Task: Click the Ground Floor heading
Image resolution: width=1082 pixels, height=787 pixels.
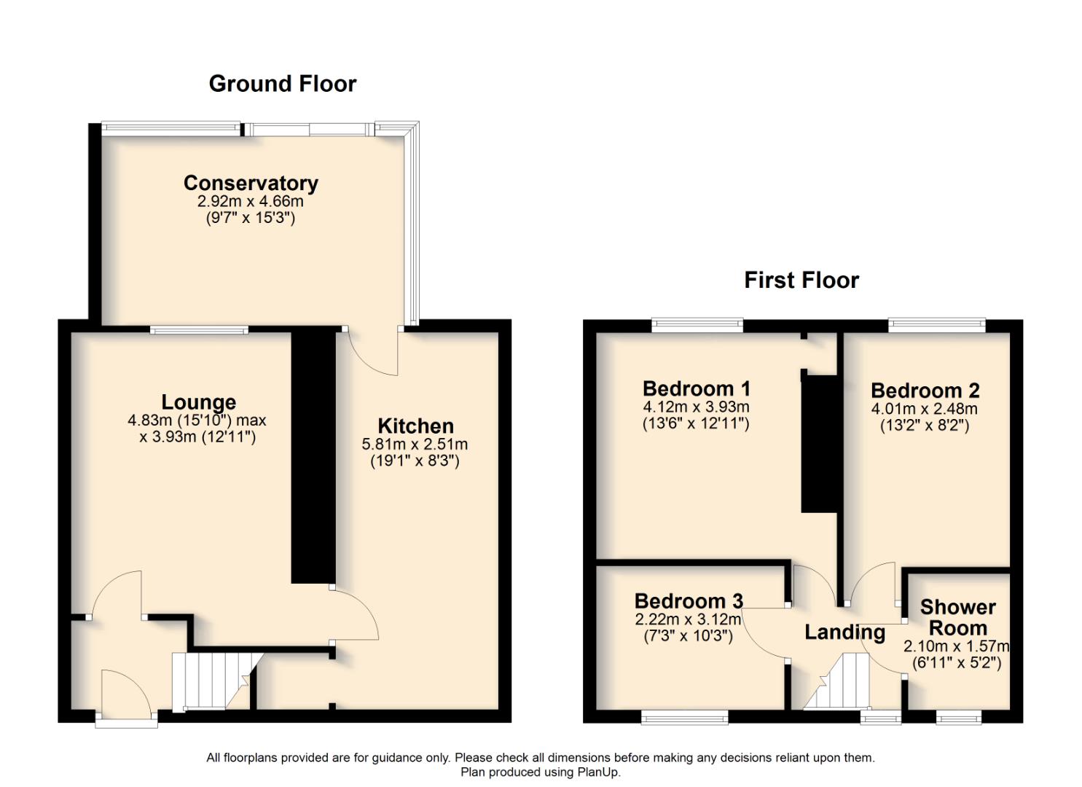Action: click(282, 84)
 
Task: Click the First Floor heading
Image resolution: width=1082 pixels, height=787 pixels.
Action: click(801, 280)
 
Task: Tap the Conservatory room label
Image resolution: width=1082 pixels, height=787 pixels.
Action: click(251, 183)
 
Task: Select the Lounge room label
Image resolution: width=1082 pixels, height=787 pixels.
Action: click(198, 402)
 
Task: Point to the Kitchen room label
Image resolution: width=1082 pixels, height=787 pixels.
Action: click(415, 426)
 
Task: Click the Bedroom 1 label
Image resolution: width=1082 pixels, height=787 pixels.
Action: click(696, 388)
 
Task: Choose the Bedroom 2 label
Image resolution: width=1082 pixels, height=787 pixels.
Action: click(925, 391)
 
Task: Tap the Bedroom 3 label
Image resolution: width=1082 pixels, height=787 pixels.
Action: click(689, 601)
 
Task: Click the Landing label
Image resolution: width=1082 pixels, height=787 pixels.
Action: click(844, 633)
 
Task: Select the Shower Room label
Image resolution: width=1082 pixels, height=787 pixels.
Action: click(957, 617)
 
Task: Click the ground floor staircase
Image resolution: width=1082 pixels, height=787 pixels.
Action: click(211, 681)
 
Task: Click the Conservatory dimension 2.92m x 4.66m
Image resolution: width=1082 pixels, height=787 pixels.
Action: click(251, 201)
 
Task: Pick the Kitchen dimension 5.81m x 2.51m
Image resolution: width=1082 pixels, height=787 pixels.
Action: click(415, 444)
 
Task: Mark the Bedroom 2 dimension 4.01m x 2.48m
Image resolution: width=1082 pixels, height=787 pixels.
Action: click(924, 409)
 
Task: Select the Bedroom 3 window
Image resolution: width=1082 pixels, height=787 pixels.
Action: click(684, 719)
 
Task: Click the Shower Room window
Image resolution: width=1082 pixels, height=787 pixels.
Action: click(958, 719)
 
